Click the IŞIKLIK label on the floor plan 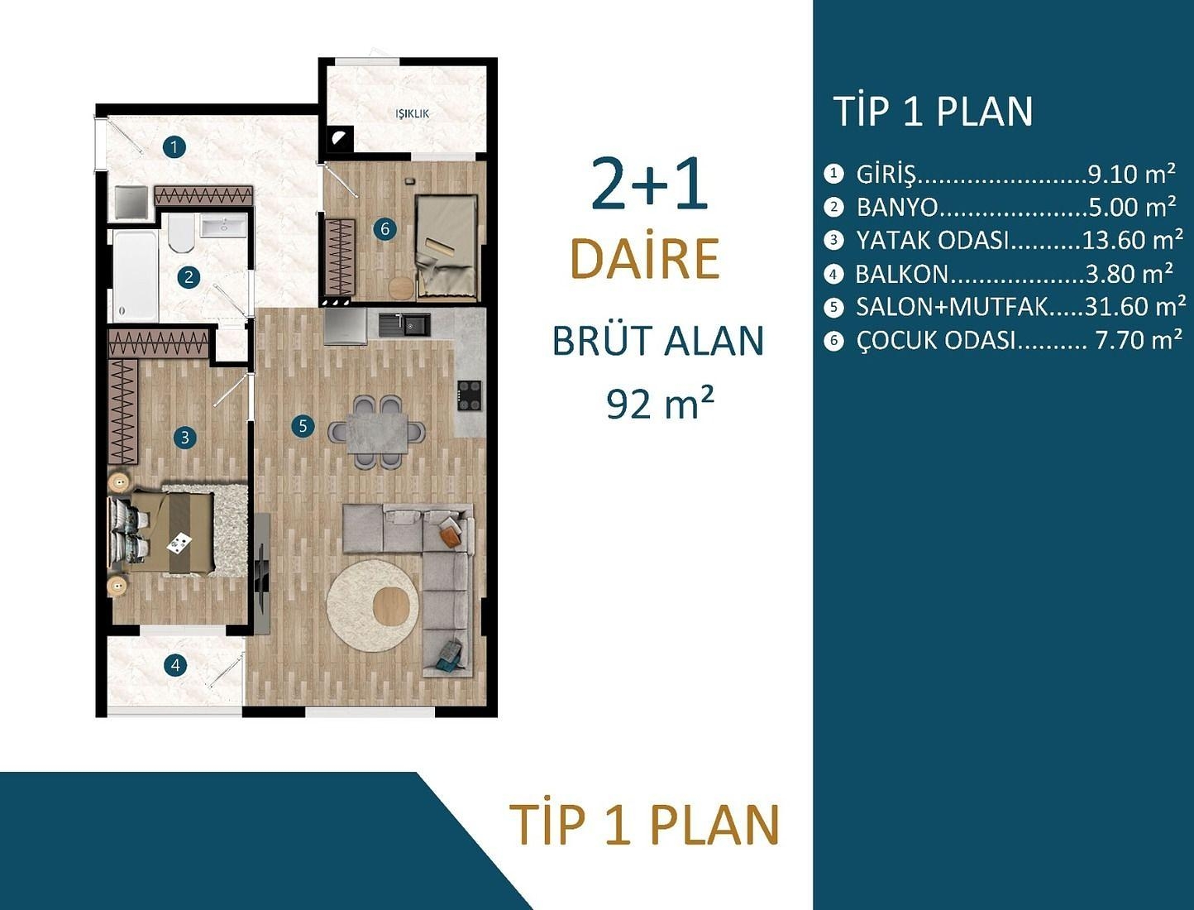coord(413,113)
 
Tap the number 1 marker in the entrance coord(174,147)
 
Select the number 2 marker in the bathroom coord(189,276)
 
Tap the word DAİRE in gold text coord(645,258)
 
